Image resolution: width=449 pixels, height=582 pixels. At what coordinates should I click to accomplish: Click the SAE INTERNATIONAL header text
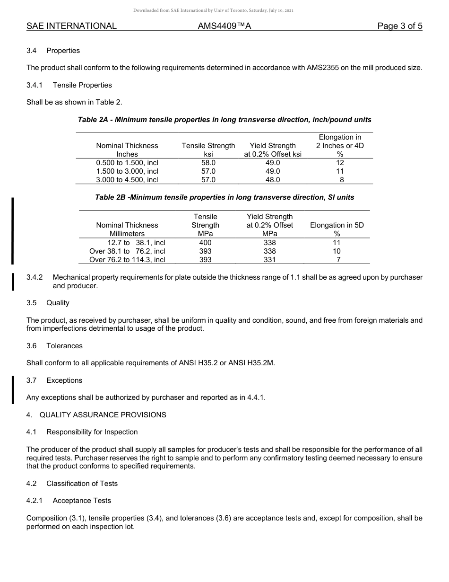tap(71, 26)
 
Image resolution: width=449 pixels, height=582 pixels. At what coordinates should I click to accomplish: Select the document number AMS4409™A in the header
tap(224, 26)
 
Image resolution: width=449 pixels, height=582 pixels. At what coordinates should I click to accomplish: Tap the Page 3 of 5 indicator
tap(399, 26)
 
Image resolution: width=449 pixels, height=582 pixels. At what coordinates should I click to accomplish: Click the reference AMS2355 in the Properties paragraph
tap(323, 68)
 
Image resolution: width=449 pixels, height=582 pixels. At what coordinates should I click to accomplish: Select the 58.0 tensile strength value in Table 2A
tap(208, 163)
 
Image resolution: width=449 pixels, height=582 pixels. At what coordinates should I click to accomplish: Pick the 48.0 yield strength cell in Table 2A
tap(273, 180)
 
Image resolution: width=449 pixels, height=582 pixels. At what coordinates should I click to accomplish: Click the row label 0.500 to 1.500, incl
tap(127, 163)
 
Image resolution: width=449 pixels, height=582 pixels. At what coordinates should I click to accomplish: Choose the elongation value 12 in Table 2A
tap(340, 163)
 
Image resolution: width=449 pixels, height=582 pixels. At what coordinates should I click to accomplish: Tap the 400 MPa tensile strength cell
tap(205, 243)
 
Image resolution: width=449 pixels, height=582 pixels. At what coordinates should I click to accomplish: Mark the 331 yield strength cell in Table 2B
tap(269, 260)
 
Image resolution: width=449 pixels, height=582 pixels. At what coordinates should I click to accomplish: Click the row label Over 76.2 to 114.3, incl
tap(127, 260)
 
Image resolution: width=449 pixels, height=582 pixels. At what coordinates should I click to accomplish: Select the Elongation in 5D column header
tap(337, 225)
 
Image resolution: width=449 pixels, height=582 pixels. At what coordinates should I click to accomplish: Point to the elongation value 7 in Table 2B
tap(337, 260)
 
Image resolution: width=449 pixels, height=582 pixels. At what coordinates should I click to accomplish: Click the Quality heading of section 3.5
tap(58, 303)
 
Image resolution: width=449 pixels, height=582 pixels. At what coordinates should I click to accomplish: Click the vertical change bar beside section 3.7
tap(13, 389)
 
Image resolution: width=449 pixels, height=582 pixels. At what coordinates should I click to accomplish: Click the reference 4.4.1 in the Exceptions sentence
tap(255, 397)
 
